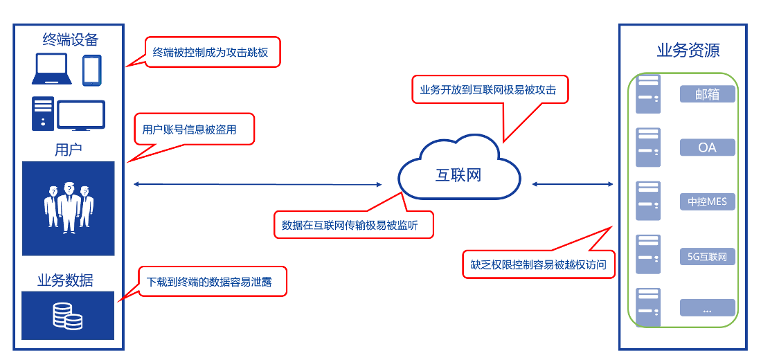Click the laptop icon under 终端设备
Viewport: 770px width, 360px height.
point(51,69)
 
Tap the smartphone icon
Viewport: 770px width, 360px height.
point(92,70)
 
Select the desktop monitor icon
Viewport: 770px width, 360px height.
point(81,115)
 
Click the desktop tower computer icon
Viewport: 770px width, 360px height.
point(42,114)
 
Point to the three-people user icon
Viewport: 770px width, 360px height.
point(68,205)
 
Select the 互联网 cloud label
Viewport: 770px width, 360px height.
point(458,175)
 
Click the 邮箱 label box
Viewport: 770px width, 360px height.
point(707,94)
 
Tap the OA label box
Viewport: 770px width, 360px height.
point(707,147)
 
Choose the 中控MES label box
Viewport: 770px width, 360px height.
point(707,201)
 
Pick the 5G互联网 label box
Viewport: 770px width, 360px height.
point(707,257)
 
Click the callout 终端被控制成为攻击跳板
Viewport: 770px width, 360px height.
point(213,52)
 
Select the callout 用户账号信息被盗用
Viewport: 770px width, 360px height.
point(194,129)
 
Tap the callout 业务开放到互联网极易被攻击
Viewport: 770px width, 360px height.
point(490,89)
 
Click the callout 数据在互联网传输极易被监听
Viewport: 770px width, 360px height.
point(354,225)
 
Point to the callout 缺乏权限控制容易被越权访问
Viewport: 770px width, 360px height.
point(539,264)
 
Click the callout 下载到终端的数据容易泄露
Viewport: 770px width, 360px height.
point(213,282)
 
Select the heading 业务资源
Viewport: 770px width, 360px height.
point(688,51)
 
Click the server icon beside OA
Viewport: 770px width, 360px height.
point(648,147)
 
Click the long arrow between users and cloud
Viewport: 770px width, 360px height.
point(257,184)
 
